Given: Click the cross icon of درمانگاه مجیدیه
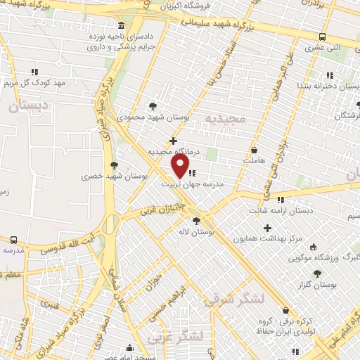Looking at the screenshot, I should tap(174, 141).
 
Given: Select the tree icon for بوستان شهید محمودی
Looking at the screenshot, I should tap(153, 106).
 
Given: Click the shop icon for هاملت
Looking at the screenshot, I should tap(254, 150).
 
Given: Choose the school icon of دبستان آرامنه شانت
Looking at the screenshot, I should tap(281, 200).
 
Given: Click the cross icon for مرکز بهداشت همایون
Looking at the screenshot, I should tap(267, 228).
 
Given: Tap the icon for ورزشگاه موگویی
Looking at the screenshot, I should tap(313, 247).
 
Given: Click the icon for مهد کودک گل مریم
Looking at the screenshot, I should tap(34, 72).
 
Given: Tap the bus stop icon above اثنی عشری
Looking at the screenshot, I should tap(322, 37).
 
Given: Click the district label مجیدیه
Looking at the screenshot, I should tap(226, 118).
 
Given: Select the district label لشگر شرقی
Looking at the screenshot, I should tap(234, 300).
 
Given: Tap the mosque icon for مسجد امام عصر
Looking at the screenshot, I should tap(129, 347).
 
